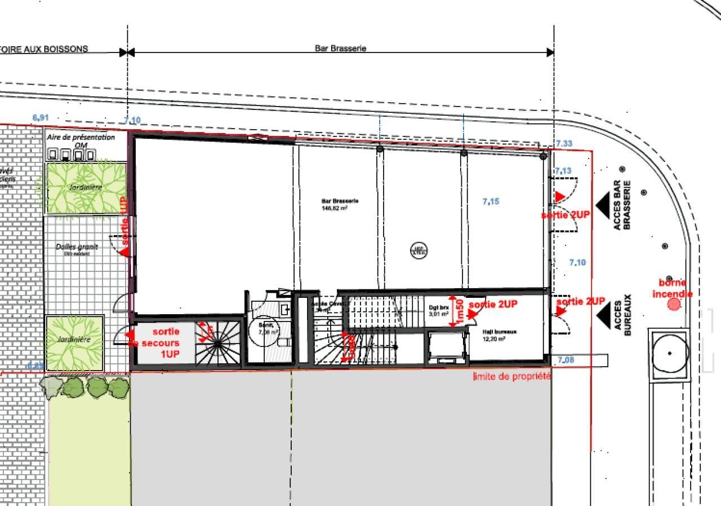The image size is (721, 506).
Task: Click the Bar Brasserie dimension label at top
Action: point(340,49)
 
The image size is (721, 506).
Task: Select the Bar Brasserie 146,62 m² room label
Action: point(340,204)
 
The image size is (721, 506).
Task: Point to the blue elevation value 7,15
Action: point(491,201)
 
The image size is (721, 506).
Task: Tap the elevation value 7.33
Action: point(564,144)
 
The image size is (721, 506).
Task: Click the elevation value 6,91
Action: point(41,118)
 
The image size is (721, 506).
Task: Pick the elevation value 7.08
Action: point(566,360)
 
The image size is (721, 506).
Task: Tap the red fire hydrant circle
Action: point(674,305)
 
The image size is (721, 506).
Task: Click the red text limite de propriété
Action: point(512,376)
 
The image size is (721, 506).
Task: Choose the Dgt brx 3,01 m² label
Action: point(439,311)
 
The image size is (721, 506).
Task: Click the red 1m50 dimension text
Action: point(460,311)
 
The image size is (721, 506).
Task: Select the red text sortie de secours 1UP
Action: point(162,343)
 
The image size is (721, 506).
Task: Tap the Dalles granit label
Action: point(77,248)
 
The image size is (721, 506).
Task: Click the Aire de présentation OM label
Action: point(81,140)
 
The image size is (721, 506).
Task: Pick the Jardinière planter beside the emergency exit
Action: point(74,342)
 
